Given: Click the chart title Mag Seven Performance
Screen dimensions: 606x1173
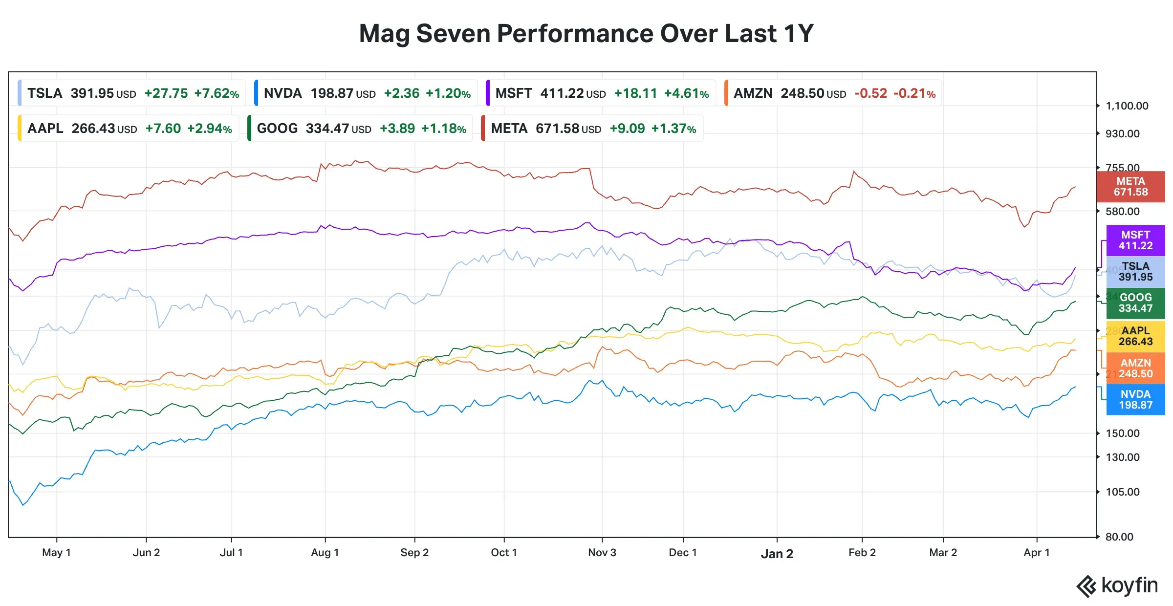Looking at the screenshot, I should click(x=586, y=34).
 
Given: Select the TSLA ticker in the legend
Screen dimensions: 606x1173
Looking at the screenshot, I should click(x=44, y=93).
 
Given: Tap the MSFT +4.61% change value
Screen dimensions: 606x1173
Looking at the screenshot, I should click(x=686, y=93).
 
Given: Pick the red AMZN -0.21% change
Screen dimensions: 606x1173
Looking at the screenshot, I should click(x=914, y=93).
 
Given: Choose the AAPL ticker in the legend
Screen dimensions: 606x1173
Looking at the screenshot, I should click(x=45, y=129).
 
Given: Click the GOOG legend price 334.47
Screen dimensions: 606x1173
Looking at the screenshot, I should click(x=327, y=129).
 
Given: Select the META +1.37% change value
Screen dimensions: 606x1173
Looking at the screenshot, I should click(x=673, y=129).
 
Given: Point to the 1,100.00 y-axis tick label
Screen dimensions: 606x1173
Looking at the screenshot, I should click(x=1127, y=106).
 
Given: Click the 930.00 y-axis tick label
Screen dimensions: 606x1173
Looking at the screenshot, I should click(x=1122, y=134).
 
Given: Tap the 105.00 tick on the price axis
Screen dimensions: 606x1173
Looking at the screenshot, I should click(x=1122, y=492).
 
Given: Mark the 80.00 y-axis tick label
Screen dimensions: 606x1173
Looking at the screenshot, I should click(x=1119, y=537).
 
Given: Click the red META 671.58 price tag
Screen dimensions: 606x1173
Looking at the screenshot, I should click(x=1130, y=187).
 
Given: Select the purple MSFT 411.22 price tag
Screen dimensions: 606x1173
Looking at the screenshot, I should click(x=1135, y=240).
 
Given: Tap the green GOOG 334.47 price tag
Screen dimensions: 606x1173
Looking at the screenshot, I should click(x=1135, y=303).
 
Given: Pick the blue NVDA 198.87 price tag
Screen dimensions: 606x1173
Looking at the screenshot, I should click(x=1135, y=400).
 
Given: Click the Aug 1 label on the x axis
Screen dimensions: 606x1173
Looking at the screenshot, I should click(x=325, y=553).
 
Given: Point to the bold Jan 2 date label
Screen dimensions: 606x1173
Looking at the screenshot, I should click(x=777, y=554).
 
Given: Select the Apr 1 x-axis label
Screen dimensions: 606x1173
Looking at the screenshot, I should click(x=1037, y=553).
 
